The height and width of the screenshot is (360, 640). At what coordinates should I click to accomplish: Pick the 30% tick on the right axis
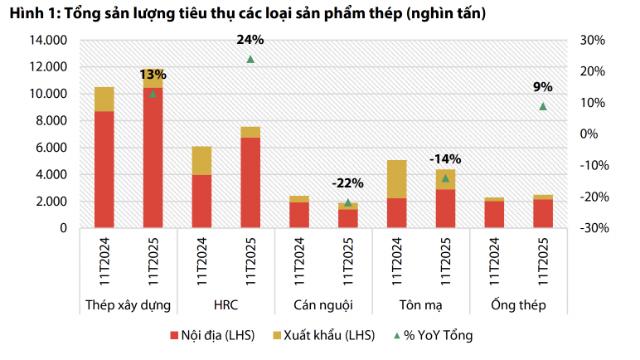592,40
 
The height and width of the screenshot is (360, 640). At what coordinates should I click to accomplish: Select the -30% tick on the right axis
590,228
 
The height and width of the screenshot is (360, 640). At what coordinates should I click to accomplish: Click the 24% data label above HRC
250,40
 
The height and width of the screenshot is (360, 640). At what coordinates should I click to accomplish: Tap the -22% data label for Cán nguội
347,183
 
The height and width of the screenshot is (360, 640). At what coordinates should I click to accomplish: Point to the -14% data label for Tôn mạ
445,158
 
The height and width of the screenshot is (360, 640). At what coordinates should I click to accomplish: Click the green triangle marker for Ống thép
543,106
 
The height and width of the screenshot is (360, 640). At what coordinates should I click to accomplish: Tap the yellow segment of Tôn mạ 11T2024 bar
396,179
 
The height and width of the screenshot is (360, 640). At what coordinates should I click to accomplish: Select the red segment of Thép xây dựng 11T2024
104,169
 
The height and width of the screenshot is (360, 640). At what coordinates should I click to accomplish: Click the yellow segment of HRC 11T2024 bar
201,160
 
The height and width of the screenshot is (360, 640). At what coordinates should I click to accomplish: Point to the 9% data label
543,87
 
